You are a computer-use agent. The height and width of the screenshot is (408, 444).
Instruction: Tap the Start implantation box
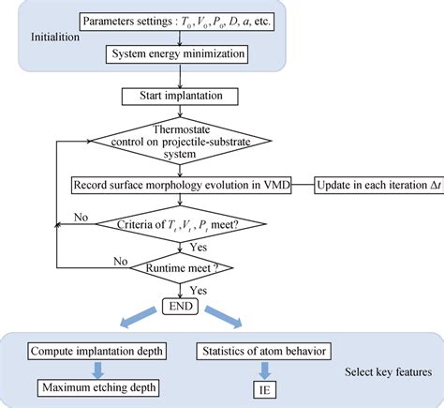(175, 97)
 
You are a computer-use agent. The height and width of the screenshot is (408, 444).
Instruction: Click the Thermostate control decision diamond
(175, 141)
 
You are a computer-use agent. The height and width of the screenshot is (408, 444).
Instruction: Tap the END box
(175, 307)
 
